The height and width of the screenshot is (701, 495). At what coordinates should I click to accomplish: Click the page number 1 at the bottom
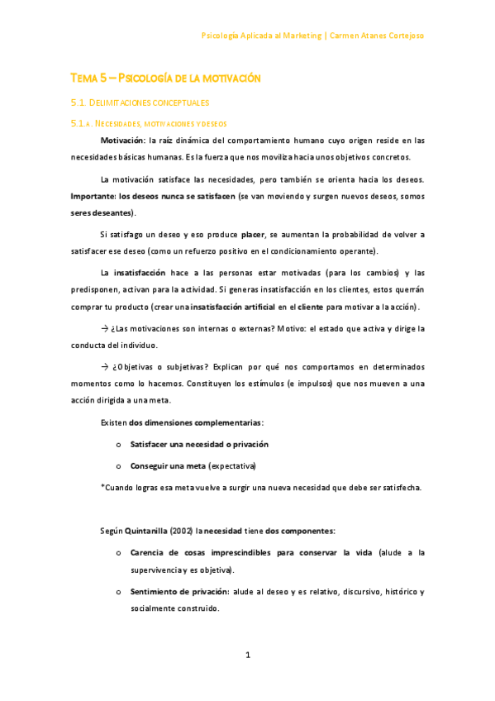(247, 656)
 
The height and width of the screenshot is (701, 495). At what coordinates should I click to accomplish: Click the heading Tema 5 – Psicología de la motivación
(165, 78)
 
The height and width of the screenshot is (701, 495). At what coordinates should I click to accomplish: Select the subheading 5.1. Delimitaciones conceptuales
(140, 103)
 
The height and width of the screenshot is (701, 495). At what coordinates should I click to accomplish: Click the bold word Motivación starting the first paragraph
(121, 141)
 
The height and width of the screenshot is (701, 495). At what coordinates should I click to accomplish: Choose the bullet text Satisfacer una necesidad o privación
(199, 444)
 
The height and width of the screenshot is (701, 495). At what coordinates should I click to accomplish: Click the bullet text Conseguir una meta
(168, 465)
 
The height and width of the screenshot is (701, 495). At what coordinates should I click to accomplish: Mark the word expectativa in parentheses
(232, 465)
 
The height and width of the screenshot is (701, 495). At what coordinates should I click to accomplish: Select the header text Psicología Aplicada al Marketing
(262, 36)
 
